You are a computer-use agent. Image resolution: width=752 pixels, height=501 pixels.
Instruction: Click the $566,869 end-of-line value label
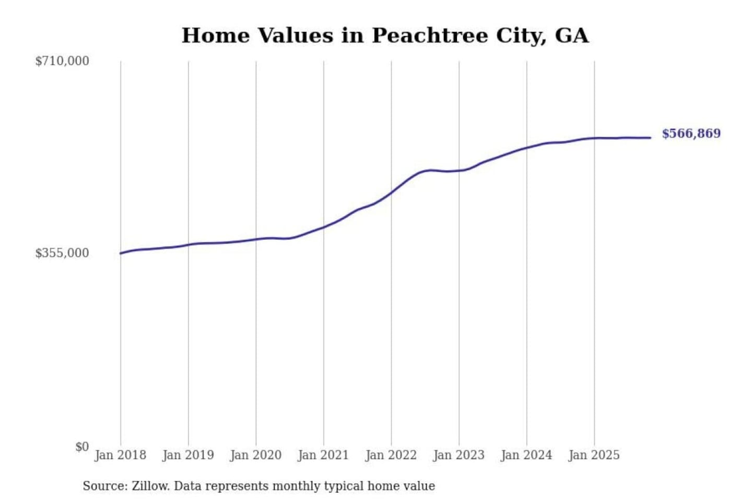coord(691,134)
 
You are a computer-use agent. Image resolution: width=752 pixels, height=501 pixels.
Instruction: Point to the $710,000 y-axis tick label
coord(62,61)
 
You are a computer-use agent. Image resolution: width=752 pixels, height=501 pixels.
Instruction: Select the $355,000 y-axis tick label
coord(62,253)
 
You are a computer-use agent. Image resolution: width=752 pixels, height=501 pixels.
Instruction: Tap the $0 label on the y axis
coord(82,447)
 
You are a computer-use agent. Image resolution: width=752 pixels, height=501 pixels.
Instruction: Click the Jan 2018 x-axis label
coord(121,455)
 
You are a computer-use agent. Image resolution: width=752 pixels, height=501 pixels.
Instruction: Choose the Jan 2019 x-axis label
coord(188,455)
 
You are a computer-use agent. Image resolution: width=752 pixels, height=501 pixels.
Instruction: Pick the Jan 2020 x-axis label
coord(256,455)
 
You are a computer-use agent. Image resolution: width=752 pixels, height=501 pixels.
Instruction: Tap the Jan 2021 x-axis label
coord(323,455)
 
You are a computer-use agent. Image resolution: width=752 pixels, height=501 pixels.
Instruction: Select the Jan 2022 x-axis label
coord(391,455)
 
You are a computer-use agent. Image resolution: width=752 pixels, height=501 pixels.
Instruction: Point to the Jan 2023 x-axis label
coord(459,455)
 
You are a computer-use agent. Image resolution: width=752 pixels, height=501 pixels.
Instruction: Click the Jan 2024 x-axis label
coord(526,455)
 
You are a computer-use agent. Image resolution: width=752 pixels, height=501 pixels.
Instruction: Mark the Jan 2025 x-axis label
coord(594,455)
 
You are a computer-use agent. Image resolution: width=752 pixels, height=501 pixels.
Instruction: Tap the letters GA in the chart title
coord(571,35)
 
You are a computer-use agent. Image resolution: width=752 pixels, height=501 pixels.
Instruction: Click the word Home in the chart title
coord(216,35)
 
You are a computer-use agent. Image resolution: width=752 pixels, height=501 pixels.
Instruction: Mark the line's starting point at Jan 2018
coord(121,253)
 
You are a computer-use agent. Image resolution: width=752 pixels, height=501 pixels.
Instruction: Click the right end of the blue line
coord(650,138)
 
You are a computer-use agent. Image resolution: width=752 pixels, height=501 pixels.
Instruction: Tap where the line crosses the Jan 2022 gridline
coord(391,192)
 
